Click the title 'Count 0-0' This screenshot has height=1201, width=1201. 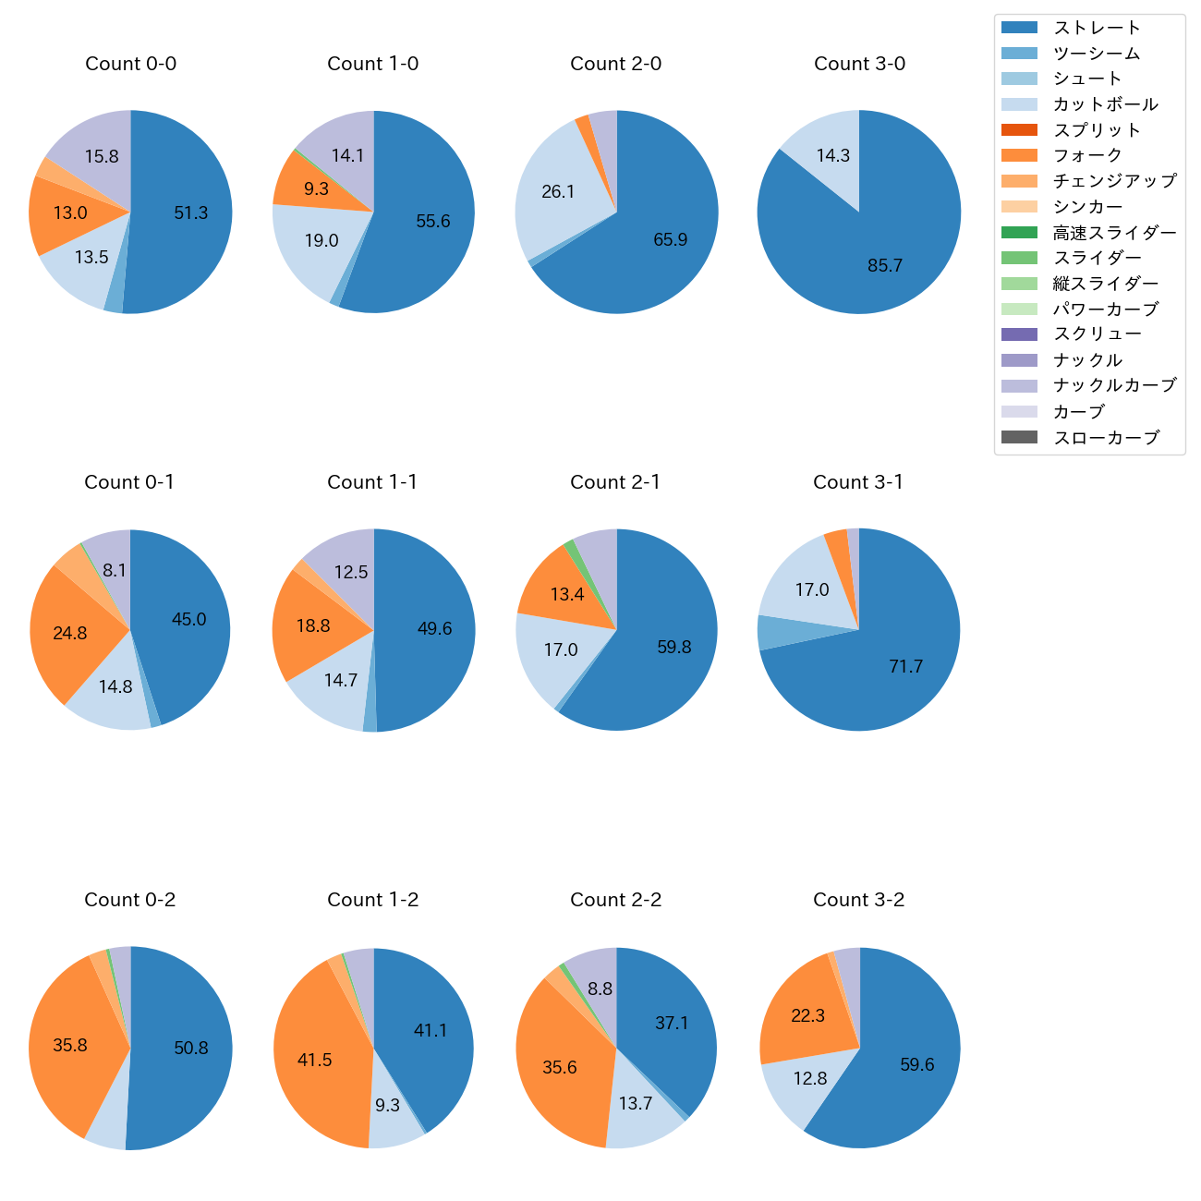click(x=130, y=64)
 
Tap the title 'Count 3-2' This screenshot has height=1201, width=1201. click(x=858, y=900)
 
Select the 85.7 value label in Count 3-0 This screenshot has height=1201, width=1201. click(x=884, y=266)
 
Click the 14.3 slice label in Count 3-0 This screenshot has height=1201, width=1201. click(x=832, y=156)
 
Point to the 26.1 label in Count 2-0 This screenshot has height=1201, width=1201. click(x=558, y=192)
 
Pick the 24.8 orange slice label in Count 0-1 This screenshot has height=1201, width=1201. click(x=70, y=634)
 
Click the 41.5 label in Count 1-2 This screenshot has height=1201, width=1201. click(x=314, y=1061)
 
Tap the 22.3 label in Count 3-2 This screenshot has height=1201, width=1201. click(x=807, y=1016)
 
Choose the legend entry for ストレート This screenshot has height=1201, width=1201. click(x=1097, y=28)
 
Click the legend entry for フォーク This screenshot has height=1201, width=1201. click(x=1087, y=155)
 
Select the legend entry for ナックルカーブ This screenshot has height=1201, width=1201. click(x=1114, y=385)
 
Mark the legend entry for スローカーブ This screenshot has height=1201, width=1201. click(x=1106, y=438)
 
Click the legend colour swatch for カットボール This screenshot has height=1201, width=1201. click(x=1019, y=104)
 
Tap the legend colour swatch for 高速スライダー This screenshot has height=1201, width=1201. click(x=1019, y=232)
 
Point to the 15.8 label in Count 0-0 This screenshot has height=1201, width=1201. click(x=102, y=157)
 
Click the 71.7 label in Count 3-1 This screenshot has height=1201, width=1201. click(x=905, y=667)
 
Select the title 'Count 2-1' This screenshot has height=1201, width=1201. click(x=615, y=482)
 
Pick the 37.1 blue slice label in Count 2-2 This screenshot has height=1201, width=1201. click(x=672, y=1024)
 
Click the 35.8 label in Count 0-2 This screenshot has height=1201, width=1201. click(x=70, y=1046)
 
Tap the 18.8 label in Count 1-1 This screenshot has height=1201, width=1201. click(x=313, y=626)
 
